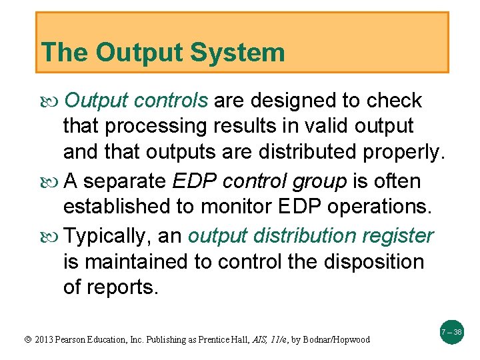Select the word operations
coord(380,207)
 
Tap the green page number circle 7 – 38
coord(451,331)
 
